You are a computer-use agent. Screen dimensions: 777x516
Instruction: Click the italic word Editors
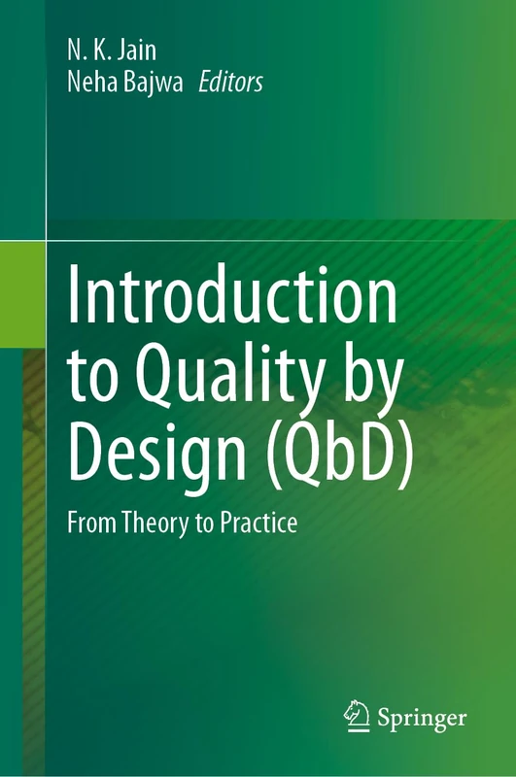pyautogui.click(x=230, y=83)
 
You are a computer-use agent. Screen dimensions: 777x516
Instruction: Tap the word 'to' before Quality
pyautogui.click(x=91, y=375)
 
